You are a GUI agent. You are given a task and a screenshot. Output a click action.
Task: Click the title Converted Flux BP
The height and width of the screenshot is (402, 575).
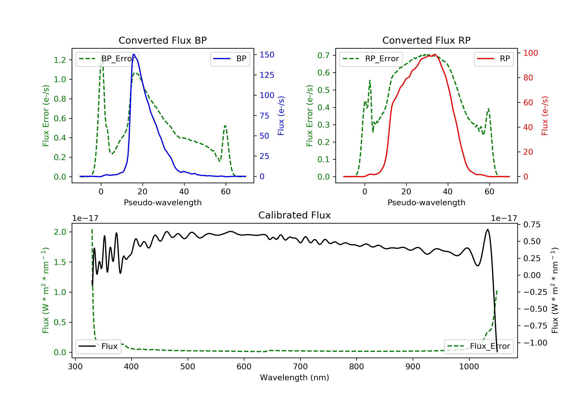[x=163, y=40]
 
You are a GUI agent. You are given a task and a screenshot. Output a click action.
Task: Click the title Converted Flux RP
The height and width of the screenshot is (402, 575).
[x=426, y=40]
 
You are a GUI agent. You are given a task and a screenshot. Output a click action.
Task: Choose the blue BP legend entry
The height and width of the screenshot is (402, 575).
[x=230, y=59]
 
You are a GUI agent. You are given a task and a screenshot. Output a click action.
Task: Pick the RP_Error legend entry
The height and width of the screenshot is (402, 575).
[x=371, y=59]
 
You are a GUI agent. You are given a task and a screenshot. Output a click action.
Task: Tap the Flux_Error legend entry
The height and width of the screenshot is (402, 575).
[x=479, y=346]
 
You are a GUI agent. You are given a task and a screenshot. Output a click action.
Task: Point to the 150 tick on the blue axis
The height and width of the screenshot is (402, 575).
[x=267, y=55]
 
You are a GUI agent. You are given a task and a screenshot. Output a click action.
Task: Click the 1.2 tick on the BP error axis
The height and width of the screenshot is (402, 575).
[x=60, y=60]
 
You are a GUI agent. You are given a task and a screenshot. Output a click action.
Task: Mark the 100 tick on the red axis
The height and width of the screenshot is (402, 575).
[x=530, y=53]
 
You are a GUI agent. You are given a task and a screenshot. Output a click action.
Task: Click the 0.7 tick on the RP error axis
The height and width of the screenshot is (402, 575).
[x=323, y=55]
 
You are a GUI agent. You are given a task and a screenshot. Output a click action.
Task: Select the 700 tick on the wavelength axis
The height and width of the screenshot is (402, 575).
[x=300, y=367]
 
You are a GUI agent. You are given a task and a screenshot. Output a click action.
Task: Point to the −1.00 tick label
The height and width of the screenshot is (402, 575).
[x=535, y=343]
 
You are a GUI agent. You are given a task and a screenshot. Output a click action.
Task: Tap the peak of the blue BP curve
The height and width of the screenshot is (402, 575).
[x=134, y=54]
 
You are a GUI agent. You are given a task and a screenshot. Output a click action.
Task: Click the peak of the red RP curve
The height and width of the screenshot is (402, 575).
[x=435, y=54]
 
